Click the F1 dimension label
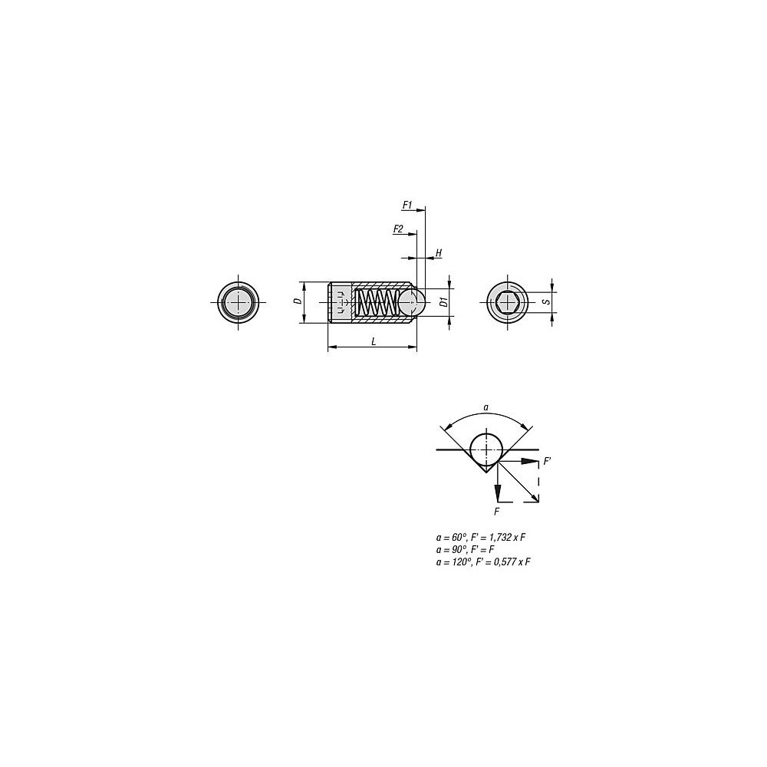(x=407, y=205)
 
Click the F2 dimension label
(x=398, y=229)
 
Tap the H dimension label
(x=439, y=253)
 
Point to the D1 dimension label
(x=443, y=301)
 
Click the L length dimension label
(x=374, y=341)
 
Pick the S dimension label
(x=548, y=301)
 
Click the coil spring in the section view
(x=376, y=302)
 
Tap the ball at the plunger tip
(x=411, y=302)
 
